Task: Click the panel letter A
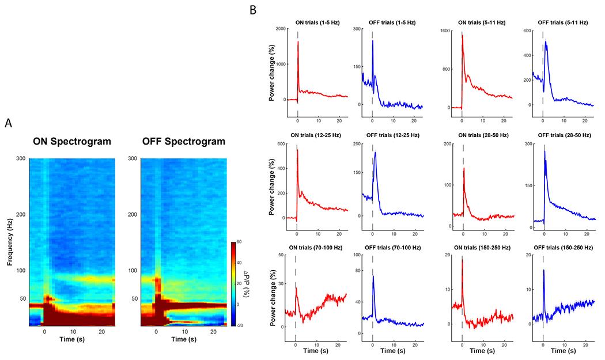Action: pos(9,123)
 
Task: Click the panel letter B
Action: pos(252,10)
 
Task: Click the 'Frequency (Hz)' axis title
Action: pos(11,241)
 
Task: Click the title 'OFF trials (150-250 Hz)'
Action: pos(561,248)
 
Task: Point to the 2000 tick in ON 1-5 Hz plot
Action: pos(279,29)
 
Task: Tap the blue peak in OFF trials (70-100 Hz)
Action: pos(373,277)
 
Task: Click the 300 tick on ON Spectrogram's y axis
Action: pos(20,158)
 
